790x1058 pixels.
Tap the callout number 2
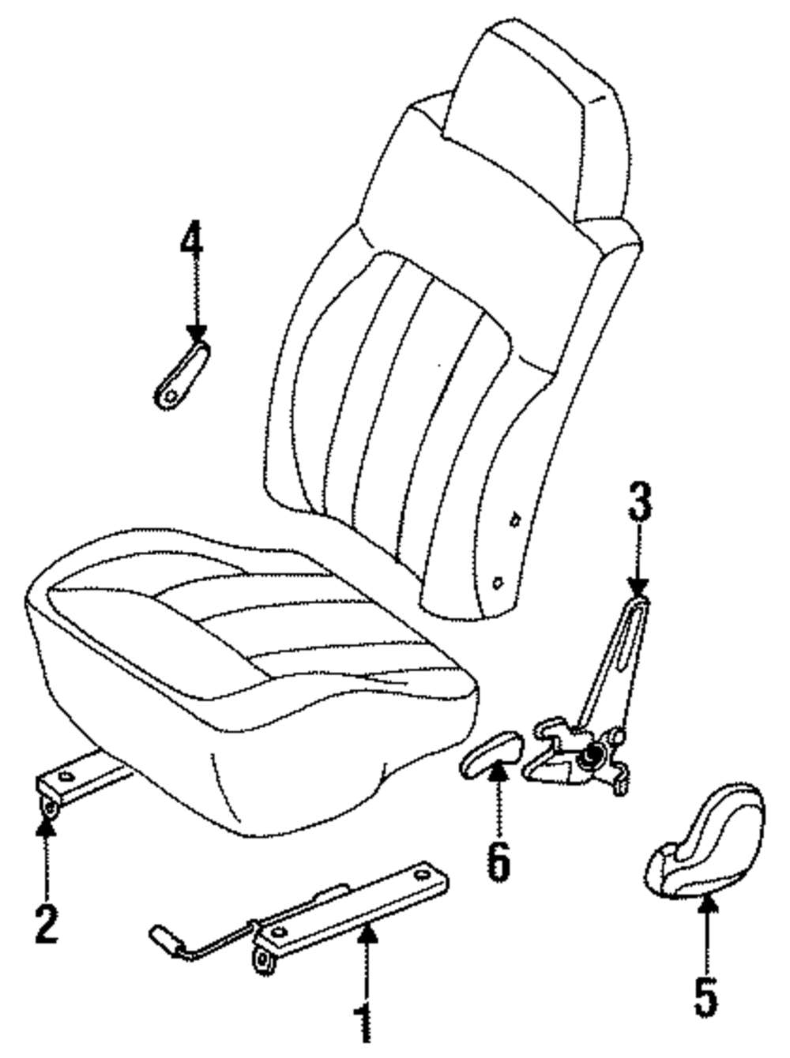[x=47, y=924]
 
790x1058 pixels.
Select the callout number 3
[x=639, y=502]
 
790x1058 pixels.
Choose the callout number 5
[x=705, y=996]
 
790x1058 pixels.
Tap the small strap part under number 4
[x=181, y=376]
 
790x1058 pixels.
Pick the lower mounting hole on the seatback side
[x=498, y=583]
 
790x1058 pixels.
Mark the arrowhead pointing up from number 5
[x=707, y=906]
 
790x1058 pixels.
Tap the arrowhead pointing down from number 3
[x=638, y=587]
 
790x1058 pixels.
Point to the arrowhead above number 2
[x=47, y=826]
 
